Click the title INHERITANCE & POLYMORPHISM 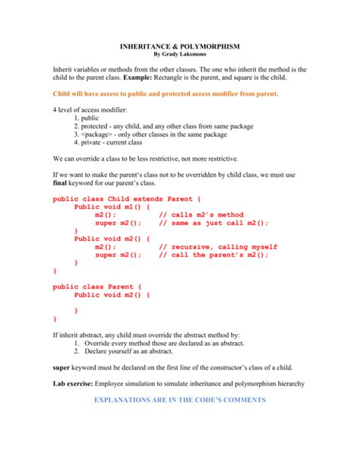(179, 46)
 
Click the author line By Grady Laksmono (179, 55)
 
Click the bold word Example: (179, 78)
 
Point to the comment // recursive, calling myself (218, 247)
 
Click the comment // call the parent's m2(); (214, 255)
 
